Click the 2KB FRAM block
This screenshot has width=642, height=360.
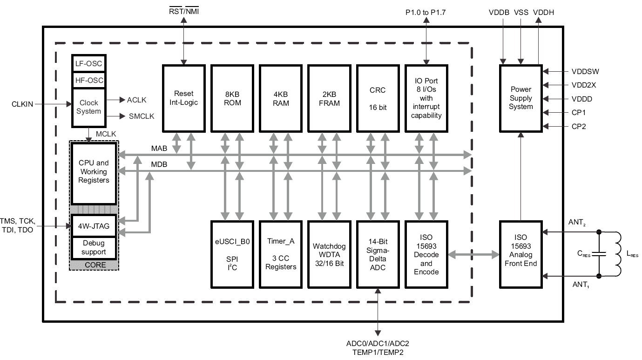pyautogui.click(x=329, y=99)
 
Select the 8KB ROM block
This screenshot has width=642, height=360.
pyautogui.click(x=232, y=99)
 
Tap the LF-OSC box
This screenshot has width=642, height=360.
pyautogui.click(x=88, y=63)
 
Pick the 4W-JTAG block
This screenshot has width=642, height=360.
pyautogui.click(x=94, y=226)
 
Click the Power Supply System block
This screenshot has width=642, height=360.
pyautogui.click(x=521, y=99)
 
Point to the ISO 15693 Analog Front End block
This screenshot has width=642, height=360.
pyautogui.click(x=521, y=255)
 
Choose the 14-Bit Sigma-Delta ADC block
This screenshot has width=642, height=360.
pyautogui.click(x=378, y=255)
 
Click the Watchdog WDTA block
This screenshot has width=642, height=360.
pyautogui.click(x=329, y=255)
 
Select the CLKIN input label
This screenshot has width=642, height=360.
pyautogui.click(x=22, y=104)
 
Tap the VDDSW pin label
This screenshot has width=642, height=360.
pyautogui.click(x=585, y=71)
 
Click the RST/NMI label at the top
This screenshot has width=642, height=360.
pyautogui.click(x=184, y=11)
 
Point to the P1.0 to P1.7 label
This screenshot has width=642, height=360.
pyautogui.click(x=426, y=12)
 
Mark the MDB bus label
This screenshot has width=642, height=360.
pyautogui.click(x=159, y=164)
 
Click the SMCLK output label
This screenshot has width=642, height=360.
pyautogui.click(x=142, y=116)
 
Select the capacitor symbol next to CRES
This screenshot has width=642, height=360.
pyautogui.click(x=599, y=254)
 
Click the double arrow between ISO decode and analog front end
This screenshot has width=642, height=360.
pyautogui.click(x=473, y=255)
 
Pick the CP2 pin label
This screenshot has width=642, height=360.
pyautogui.click(x=579, y=126)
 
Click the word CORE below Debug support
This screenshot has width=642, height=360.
pyautogui.click(x=95, y=265)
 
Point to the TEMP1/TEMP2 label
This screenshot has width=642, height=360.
pyautogui.click(x=378, y=352)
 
